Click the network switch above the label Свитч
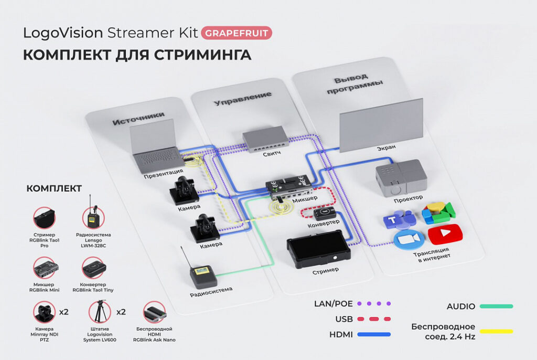[265, 139]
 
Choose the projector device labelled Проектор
[401, 177]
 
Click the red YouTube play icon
[445, 234]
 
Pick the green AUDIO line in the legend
[496, 306]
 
